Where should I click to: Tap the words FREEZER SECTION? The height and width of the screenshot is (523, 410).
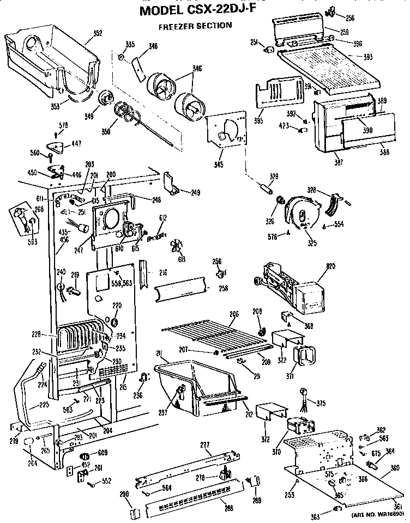[195, 25]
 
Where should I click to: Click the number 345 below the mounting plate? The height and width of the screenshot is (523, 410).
[219, 164]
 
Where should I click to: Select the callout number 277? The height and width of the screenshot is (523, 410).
[205, 445]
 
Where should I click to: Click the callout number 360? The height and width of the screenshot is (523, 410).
[394, 467]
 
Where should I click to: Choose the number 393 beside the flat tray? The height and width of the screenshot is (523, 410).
[369, 56]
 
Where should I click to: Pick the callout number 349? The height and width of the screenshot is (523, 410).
[89, 115]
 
